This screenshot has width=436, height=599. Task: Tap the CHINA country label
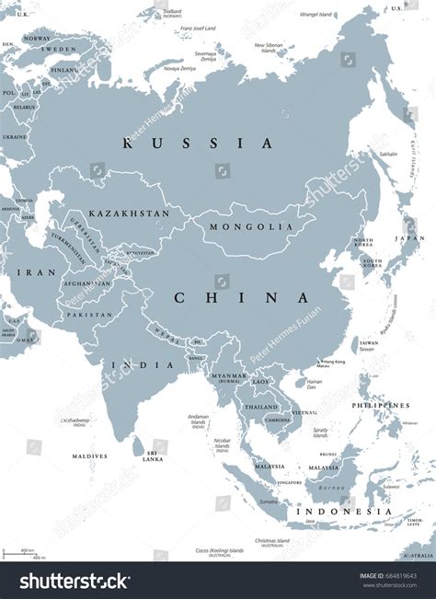[241, 298]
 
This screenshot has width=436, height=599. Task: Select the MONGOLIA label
[237, 227]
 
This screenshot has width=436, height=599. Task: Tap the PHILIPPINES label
[380, 405]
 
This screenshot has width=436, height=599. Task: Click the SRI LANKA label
[154, 455]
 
